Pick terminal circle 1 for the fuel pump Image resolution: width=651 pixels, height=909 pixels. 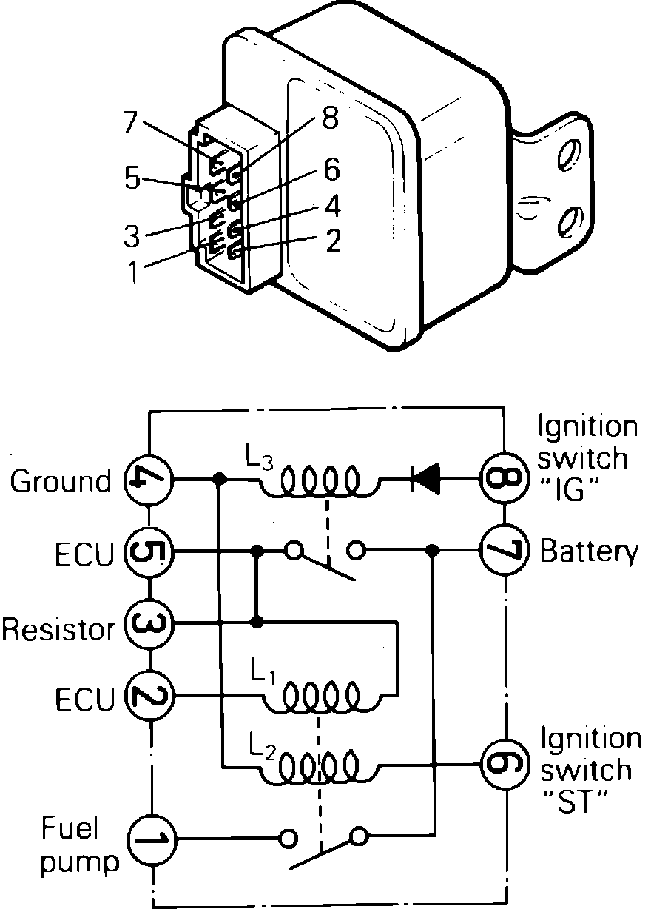click(150, 839)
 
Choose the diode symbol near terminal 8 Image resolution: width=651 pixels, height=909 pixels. click(425, 479)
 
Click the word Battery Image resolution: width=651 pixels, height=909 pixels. click(589, 552)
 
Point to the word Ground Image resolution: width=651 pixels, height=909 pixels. click(60, 481)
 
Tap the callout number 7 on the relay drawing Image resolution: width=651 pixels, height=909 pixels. click(130, 121)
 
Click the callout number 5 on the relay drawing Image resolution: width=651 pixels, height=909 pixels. click(132, 178)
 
